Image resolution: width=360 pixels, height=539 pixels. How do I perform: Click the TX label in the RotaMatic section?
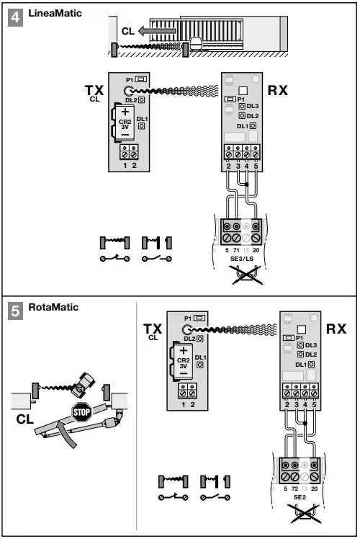pyautogui.click(x=153, y=328)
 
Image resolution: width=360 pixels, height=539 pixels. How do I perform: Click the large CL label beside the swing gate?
pyautogui.click(x=24, y=419)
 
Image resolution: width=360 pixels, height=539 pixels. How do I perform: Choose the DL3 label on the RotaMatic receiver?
pyautogui.click(x=311, y=345)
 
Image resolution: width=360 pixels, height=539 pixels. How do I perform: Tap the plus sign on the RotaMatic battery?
pyautogui.click(x=183, y=349)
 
